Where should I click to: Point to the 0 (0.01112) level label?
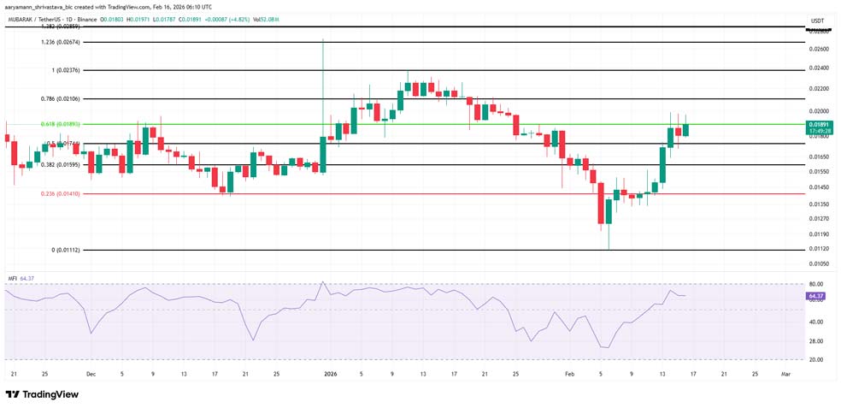tap(65, 251)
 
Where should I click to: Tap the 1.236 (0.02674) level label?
tap(61, 42)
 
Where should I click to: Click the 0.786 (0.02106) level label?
tap(60, 98)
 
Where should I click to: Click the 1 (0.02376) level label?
tap(65, 70)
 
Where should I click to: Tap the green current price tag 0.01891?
tap(818, 124)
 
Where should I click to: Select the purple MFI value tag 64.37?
tap(815, 296)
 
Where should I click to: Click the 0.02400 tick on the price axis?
tap(819, 68)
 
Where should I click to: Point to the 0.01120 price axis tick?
tap(819, 249)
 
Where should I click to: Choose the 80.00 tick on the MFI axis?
tap(816, 284)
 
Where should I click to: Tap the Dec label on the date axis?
tap(91, 374)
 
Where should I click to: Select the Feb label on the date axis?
tap(568, 374)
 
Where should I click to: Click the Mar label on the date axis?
tap(785, 374)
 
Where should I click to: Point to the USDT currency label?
tap(818, 21)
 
